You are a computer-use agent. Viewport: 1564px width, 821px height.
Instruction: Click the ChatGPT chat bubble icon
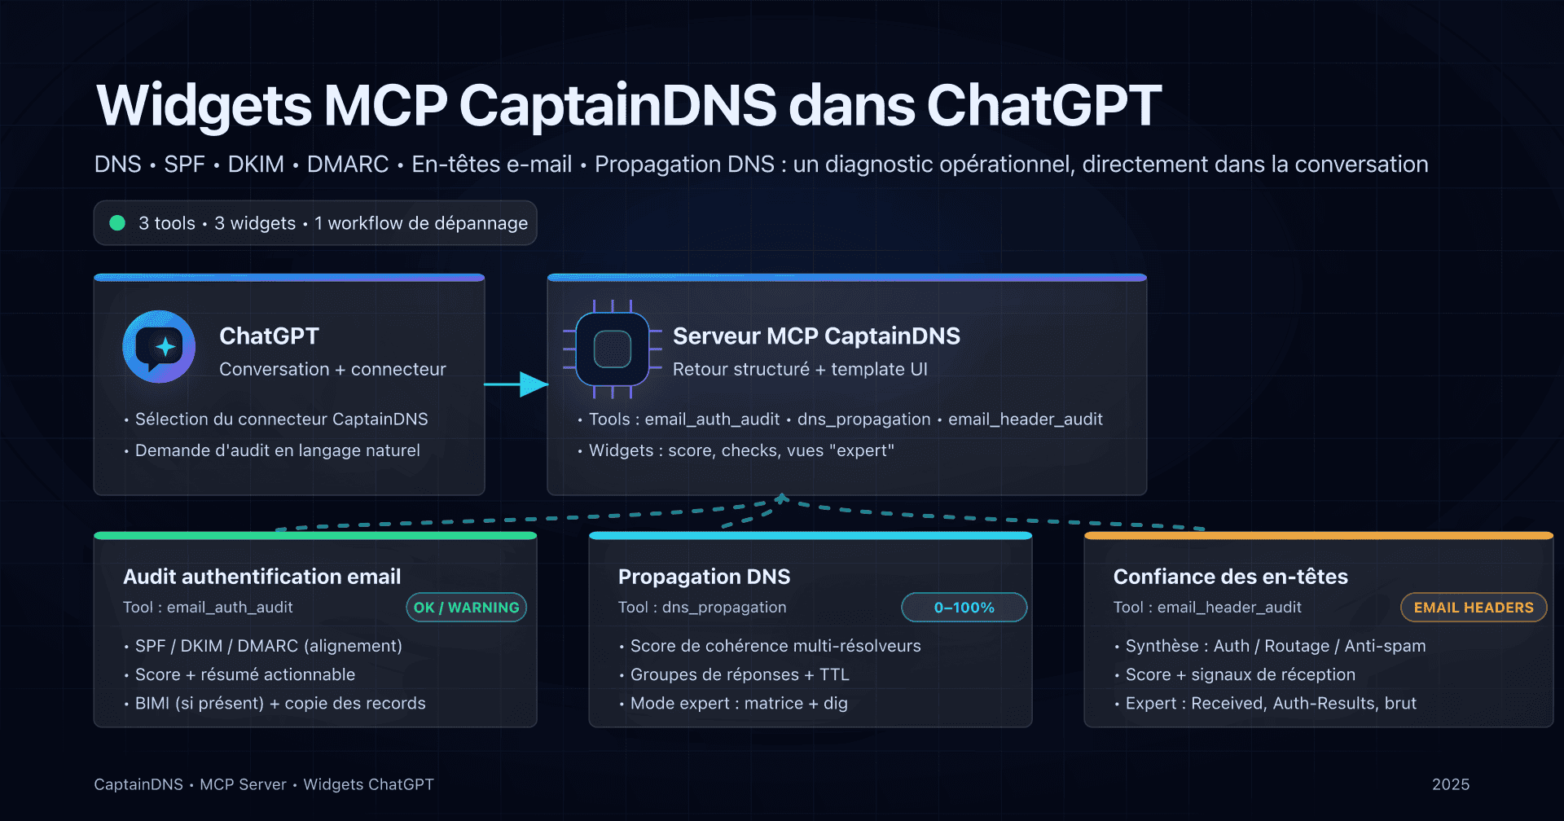(159, 346)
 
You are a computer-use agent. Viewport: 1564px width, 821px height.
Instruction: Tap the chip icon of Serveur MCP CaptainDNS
(613, 349)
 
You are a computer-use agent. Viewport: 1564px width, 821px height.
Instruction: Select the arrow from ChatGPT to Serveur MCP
(516, 384)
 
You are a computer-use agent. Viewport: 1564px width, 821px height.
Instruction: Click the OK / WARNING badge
(466, 608)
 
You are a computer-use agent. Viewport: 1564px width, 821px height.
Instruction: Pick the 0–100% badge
(964, 608)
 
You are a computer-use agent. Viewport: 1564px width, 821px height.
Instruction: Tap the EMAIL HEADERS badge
(1473, 608)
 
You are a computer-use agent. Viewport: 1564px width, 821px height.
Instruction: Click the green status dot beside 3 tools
(117, 223)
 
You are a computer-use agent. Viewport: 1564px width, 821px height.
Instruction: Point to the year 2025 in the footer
(1451, 784)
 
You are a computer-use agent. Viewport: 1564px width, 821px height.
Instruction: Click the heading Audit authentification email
(261, 577)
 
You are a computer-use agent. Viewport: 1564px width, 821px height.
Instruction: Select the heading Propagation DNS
(704, 577)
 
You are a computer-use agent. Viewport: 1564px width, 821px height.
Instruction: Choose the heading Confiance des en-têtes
(1230, 577)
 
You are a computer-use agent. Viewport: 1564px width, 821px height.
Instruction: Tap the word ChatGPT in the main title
(1043, 106)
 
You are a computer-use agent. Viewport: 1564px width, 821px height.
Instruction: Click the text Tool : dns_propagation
(702, 608)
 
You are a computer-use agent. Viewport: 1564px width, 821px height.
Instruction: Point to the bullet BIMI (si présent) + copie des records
(280, 703)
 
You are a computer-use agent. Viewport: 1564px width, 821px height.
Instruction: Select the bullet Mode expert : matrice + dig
(739, 703)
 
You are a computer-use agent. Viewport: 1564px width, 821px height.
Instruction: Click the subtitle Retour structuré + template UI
(800, 370)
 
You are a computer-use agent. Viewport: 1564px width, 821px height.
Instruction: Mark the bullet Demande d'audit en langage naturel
(277, 450)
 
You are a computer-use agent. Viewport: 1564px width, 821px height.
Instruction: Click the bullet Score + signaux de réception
(1240, 674)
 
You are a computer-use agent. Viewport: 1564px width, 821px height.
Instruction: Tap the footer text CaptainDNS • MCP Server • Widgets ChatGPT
(264, 784)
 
